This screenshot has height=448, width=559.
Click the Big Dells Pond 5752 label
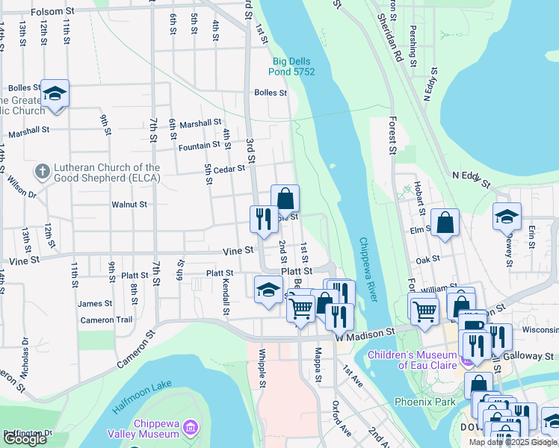pos(292,66)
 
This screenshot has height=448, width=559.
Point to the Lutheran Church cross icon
pos(42,172)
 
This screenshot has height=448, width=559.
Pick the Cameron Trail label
pos(106,320)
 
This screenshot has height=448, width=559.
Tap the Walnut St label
pos(129,204)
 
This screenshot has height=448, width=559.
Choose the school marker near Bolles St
pos(55,93)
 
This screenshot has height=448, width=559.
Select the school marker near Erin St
pos(507,215)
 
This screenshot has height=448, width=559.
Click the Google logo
pos(25,439)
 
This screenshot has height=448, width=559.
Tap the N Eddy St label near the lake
pos(470,179)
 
